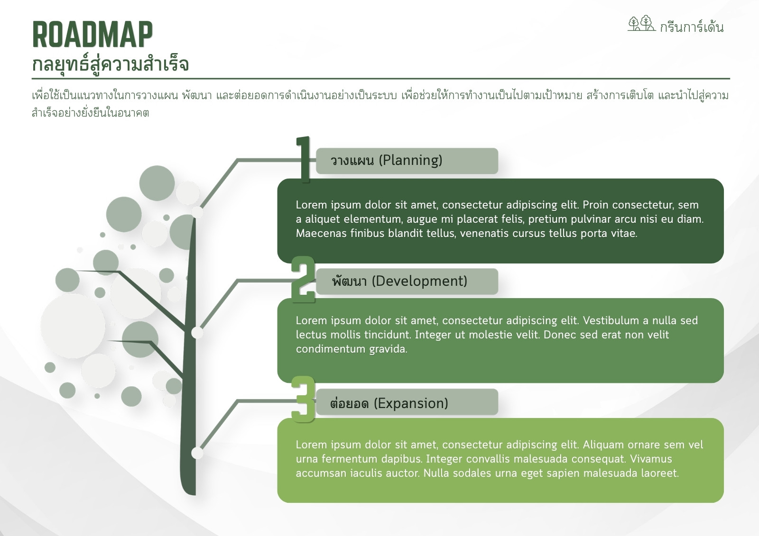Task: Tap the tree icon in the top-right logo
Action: (641, 24)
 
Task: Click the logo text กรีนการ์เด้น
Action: (691, 27)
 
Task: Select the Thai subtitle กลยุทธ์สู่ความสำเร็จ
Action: (110, 64)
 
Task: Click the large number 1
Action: (304, 159)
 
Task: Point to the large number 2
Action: (303, 279)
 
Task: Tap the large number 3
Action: (303, 400)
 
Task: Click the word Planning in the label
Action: (410, 160)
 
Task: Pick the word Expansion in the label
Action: (411, 403)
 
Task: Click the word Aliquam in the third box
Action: (603, 444)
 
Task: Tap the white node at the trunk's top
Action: (197, 212)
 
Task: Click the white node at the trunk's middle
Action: (197, 333)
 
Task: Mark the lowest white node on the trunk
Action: (197, 453)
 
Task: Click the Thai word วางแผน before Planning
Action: (352, 161)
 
